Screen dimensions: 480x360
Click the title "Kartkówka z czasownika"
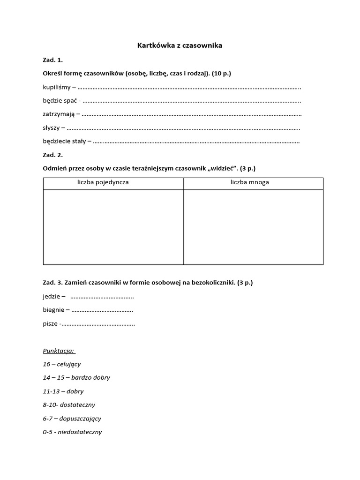click(180, 45)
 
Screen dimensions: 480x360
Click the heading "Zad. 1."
click(52, 60)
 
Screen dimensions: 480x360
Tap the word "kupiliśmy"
click(57, 87)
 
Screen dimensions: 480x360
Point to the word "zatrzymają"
click(58, 114)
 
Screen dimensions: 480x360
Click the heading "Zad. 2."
click(52, 155)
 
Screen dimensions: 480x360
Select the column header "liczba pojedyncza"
click(103, 182)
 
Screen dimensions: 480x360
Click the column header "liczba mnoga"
click(249, 182)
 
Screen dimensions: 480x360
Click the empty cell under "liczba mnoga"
click(253, 226)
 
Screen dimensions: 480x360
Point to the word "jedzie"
click(51, 296)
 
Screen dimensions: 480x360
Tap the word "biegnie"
click(53, 310)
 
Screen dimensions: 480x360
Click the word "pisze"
click(50, 323)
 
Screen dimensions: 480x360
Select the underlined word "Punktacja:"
click(59, 351)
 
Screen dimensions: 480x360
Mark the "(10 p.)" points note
click(220, 74)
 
